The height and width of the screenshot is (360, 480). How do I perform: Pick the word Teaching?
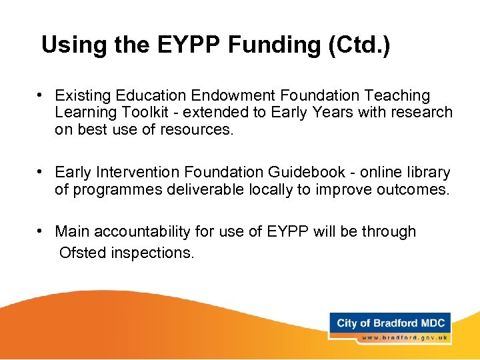394,96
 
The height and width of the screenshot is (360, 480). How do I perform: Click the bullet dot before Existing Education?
41,95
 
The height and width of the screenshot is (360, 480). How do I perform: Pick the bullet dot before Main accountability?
41,231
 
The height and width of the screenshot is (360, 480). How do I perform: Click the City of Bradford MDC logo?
390,323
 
